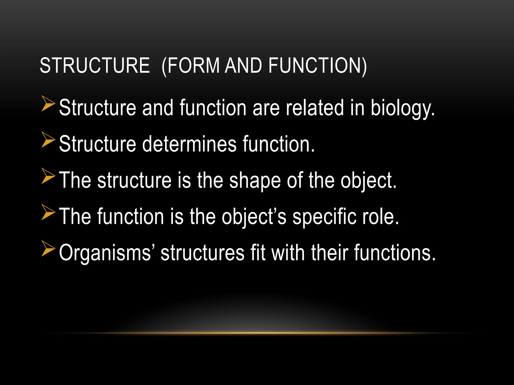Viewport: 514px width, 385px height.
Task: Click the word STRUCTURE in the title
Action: click(x=95, y=65)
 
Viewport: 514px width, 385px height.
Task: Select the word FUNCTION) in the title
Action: click(x=317, y=65)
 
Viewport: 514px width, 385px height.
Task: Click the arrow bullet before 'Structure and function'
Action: click(x=48, y=104)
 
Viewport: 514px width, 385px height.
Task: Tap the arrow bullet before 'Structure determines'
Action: click(x=48, y=140)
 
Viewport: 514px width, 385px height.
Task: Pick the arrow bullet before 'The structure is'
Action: click(x=48, y=176)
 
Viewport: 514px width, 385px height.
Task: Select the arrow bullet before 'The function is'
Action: click(x=48, y=212)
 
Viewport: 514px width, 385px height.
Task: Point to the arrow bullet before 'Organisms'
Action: click(x=48, y=249)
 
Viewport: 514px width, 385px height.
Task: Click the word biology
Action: click(x=403, y=108)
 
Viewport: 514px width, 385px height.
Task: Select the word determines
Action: click(x=189, y=144)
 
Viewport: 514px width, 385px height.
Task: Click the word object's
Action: click(x=254, y=217)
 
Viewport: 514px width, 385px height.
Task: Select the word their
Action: click(x=330, y=253)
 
